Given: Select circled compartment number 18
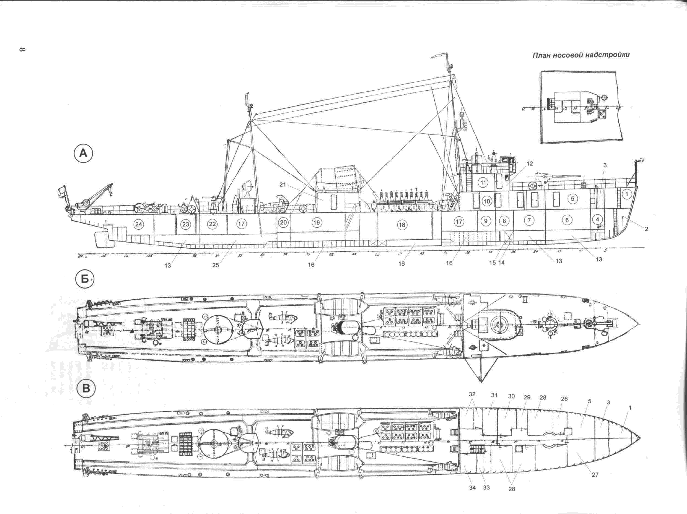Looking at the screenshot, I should (x=402, y=225).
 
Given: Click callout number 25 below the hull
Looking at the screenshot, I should (x=215, y=265).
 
